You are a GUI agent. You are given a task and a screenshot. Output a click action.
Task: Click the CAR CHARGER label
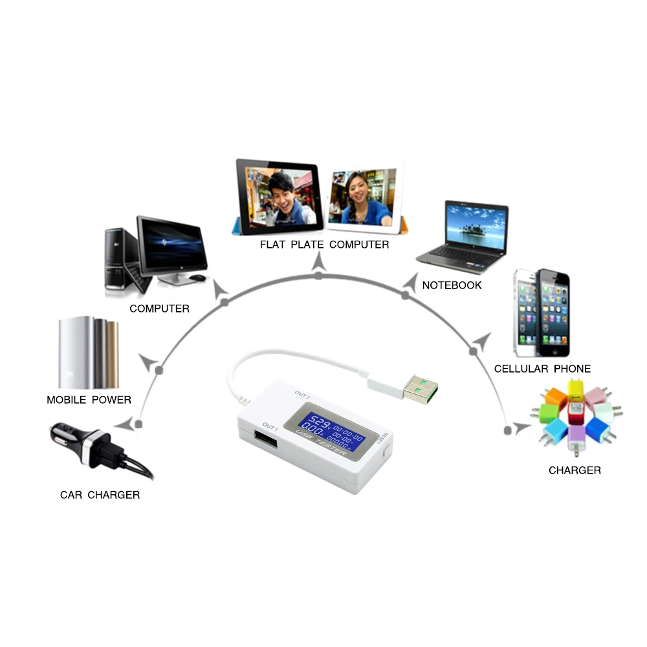pyautogui.click(x=100, y=495)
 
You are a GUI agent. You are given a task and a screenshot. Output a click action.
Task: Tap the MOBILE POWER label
pyautogui.click(x=89, y=400)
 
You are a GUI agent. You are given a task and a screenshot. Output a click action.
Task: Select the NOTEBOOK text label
pyautogui.click(x=452, y=285)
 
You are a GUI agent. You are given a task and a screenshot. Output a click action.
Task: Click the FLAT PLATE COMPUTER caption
pyautogui.click(x=324, y=245)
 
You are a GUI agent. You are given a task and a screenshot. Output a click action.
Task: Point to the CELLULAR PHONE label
pyautogui.click(x=542, y=369)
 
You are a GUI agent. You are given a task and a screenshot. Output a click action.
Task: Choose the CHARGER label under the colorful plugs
pyautogui.click(x=575, y=470)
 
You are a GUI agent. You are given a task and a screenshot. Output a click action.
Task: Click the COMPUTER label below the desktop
pyautogui.click(x=159, y=309)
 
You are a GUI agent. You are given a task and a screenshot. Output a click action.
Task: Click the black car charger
pyautogui.click(x=97, y=447)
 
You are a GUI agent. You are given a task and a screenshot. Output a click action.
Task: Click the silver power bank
pyautogui.click(x=76, y=353)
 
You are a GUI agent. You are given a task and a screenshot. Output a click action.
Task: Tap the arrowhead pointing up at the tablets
pyautogui.click(x=318, y=262)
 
